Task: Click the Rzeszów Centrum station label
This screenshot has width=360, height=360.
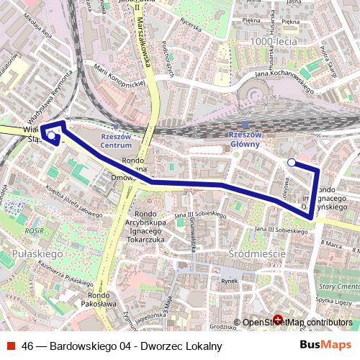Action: pyautogui.click(x=116, y=140)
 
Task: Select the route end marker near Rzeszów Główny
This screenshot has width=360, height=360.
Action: pyautogui.click(x=291, y=163)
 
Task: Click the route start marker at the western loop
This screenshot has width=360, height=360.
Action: pyautogui.click(x=51, y=135)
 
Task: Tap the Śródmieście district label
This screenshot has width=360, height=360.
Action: pyautogui.click(x=256, y=254)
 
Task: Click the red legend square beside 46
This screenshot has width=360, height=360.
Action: pyautogui.click(x=11, y=346)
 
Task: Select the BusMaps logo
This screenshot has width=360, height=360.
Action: pyautogui.click(x=325, y=345)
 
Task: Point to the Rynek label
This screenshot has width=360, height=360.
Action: pyautogui.click(x=228, y=281)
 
